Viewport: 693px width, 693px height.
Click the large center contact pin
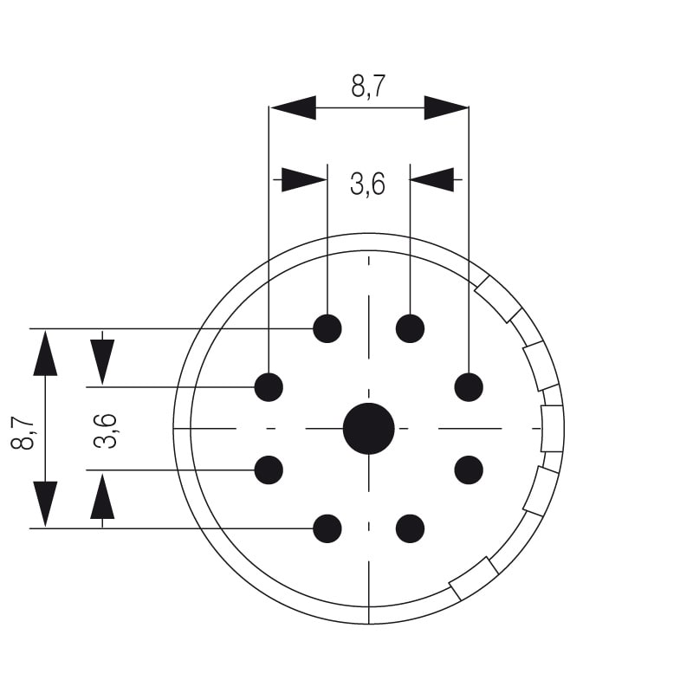pos(369,428)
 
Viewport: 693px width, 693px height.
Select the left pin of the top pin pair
pos(327,328)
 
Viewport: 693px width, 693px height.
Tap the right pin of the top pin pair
pos(410,328)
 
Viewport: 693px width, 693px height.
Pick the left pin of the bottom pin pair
pos(327,528)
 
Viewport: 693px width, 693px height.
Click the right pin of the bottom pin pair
pos(410,528)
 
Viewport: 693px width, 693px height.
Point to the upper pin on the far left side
pos(269,386)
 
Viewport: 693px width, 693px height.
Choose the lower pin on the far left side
pos(269,470)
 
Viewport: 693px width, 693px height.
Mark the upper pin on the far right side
pos(469,386)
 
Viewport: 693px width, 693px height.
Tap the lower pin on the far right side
pos(469,470)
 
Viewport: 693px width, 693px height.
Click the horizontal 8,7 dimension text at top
pos(368,87)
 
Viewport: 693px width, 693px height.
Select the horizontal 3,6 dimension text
pos(367,184)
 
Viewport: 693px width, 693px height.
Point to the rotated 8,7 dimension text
pos(23,431)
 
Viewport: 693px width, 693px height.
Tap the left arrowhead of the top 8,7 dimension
pos(293,107)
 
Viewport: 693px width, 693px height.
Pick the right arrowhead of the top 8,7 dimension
pos(445,107)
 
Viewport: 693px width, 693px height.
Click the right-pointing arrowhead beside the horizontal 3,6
pos(304,179)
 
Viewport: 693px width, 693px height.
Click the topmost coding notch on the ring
pos(499,299)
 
